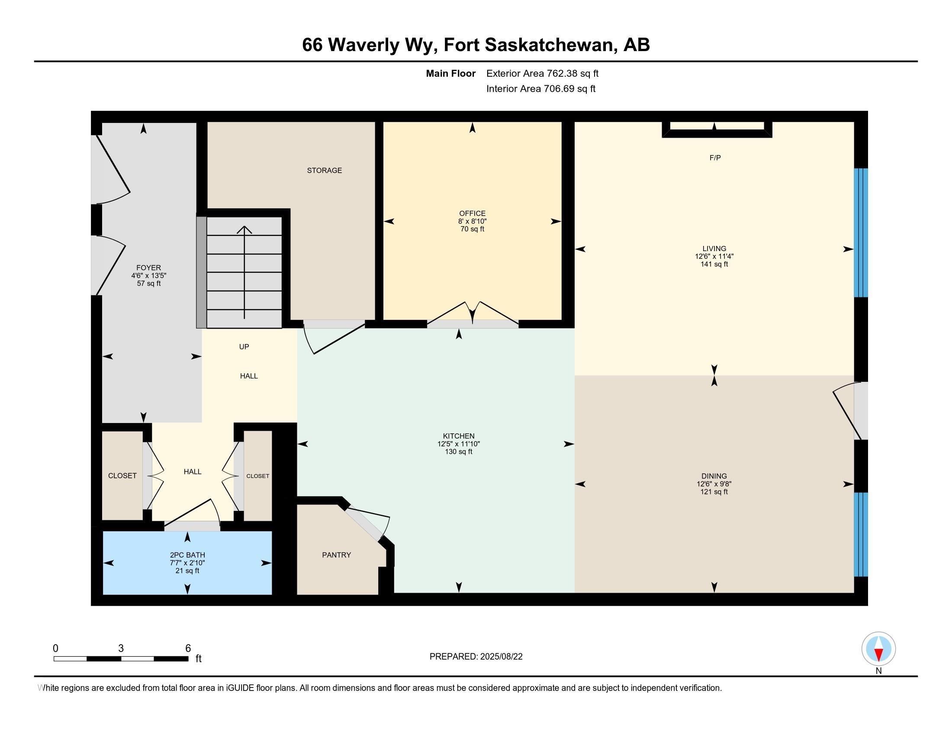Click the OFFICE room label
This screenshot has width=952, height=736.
tap(472, 213)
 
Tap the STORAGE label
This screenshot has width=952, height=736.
tap(324, 171)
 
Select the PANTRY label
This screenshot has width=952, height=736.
tap(337, 555)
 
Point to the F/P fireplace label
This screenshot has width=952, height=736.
tap(715, 158)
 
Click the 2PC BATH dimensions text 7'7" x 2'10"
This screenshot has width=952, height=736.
tap(187, 563)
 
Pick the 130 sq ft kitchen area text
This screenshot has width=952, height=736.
tap(459, 452)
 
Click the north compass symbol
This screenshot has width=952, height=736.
tap(878, 649)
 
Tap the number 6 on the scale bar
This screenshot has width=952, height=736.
tap(188, 649)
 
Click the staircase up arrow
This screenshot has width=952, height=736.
tap(244, 272)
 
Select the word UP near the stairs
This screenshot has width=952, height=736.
tap(244, 347)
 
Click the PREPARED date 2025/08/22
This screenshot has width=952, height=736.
tap(501, 657)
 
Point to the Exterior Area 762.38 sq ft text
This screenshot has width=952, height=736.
tap(542, 74)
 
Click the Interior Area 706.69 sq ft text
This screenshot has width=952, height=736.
tap(541, 89)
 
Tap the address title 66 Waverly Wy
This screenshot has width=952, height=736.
tap(370, 45)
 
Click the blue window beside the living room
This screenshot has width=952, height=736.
tap(861, 233)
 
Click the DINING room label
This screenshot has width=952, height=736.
tap(714, 476)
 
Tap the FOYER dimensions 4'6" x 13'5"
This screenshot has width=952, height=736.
tap(148, 275)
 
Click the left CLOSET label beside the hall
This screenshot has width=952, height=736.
tap(122, 476)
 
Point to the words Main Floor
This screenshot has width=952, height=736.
tap(451, 74)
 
